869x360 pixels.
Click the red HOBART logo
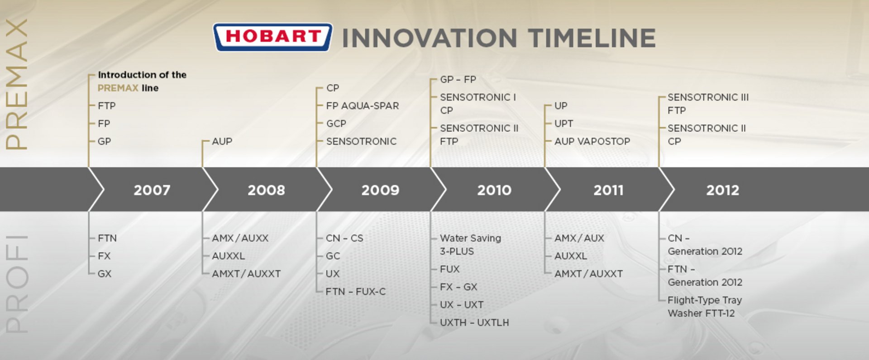[x=272, y=37]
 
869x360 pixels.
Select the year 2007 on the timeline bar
[x=152, y=190]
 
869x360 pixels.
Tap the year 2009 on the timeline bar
[x=380, y=190]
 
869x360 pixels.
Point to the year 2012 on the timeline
[x=723, y=190]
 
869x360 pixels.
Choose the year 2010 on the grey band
[x=494, y=190]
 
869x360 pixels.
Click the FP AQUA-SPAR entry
[x=363, y=106]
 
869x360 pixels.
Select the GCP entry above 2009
[x=336, y=124]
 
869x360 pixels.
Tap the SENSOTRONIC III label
[x=708, y=97]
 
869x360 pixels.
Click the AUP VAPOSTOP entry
[x=592, y=141]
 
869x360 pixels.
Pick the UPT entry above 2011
[x=563, y=124]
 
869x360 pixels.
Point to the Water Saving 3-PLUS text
[x=471, y=245]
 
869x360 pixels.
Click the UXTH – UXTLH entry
[x=474, y=322]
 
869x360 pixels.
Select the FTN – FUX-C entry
[x=356, y=292]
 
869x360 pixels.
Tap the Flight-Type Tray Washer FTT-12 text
[x=705, y=307]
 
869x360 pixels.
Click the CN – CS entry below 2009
[x=344, y=238]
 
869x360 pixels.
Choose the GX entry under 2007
[x=105, y=274]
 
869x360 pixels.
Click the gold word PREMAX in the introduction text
[x=118, y=88]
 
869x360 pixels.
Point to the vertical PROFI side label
[x=17, y=284]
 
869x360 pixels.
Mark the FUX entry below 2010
[x=450, y=269]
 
